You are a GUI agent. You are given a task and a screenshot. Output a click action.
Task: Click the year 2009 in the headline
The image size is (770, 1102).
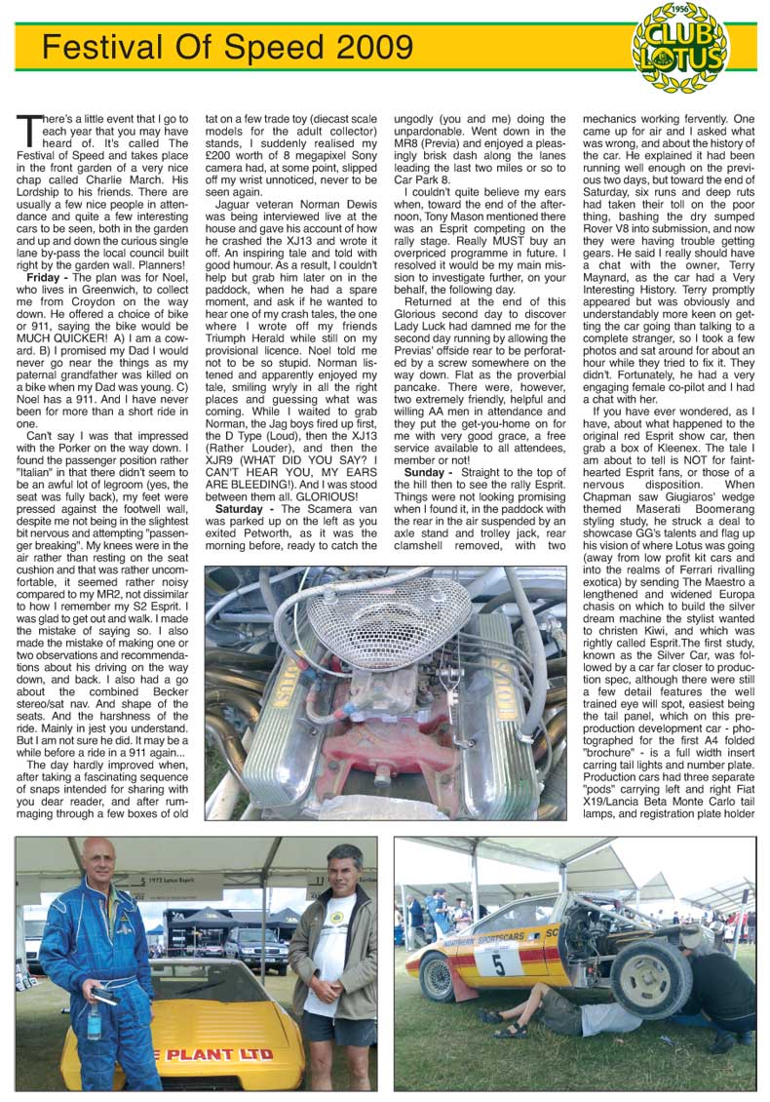[x=366, y=46]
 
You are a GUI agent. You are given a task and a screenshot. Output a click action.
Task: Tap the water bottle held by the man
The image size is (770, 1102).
[x=94, y=1021]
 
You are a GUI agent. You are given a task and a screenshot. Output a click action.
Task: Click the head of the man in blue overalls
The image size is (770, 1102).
[x=97, y=862]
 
